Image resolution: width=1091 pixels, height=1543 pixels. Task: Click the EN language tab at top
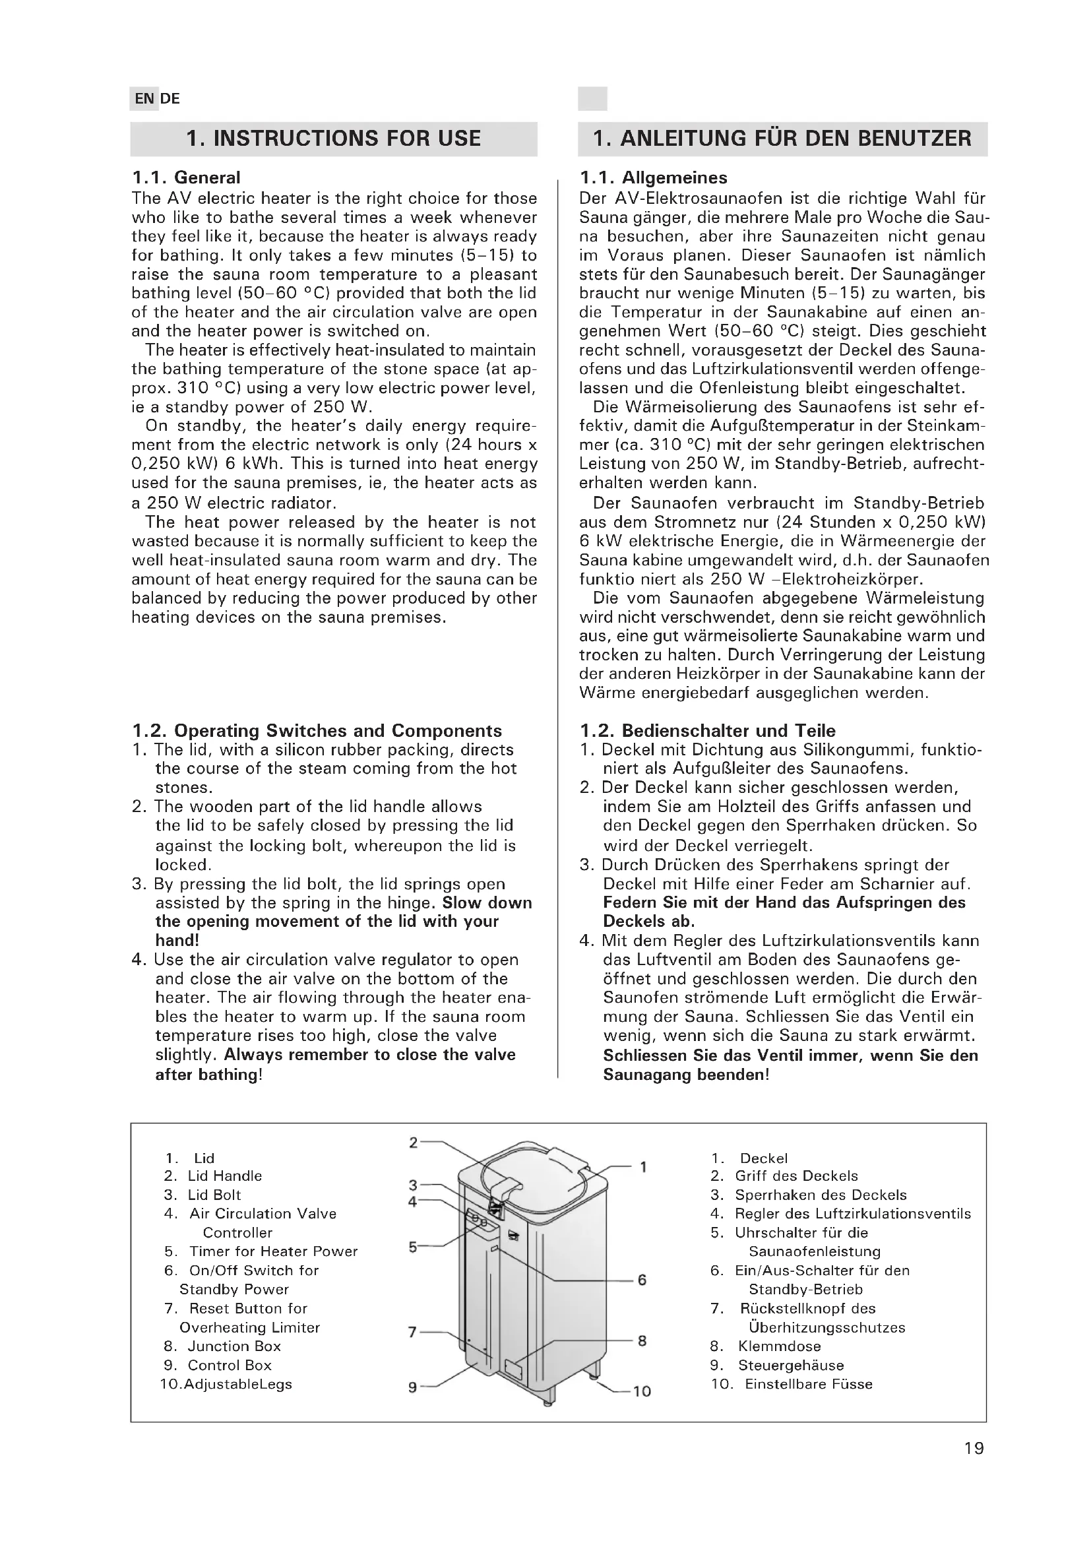pos(144,99)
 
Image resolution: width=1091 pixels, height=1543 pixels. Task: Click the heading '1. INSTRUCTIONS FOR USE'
pos(333,139)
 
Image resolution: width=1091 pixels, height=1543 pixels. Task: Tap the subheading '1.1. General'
pos(186,177)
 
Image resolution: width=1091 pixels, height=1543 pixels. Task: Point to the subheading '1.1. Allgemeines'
pos(653,177)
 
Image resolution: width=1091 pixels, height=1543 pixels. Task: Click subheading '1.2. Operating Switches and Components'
pos(317,730)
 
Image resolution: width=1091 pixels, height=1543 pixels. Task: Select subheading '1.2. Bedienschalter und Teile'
pos(708,730)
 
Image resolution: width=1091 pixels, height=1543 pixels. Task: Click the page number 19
pos(974,1466)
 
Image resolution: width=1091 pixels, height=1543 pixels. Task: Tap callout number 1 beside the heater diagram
pos(643,1167)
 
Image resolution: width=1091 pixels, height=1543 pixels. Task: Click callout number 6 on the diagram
pos(642,1280)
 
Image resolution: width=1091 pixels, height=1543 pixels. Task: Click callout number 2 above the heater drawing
pos(414,1143)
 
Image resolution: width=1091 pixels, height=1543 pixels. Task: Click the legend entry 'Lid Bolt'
pos(214,1195)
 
